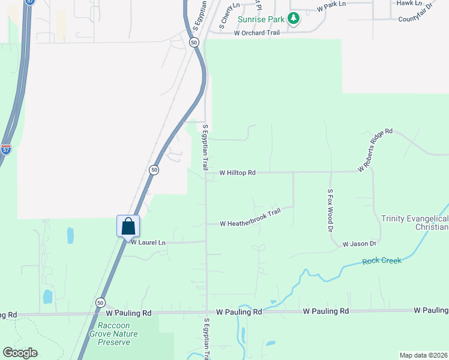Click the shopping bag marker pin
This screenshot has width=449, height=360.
point(128,227)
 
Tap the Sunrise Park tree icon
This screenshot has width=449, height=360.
point(294,19)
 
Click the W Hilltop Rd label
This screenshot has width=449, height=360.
point(238,173)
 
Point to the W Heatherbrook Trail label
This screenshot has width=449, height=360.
point(250,219)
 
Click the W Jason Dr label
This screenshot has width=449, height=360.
point(359,244)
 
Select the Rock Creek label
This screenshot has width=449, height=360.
point(382,261)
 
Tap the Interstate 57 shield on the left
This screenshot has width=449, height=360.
point(5,149)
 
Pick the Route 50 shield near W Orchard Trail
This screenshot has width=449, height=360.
point(193,42)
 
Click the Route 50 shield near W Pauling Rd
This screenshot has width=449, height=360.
point(100,302)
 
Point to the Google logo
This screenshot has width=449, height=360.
point(20,352)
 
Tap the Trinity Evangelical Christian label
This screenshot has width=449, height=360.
point(415,222)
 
